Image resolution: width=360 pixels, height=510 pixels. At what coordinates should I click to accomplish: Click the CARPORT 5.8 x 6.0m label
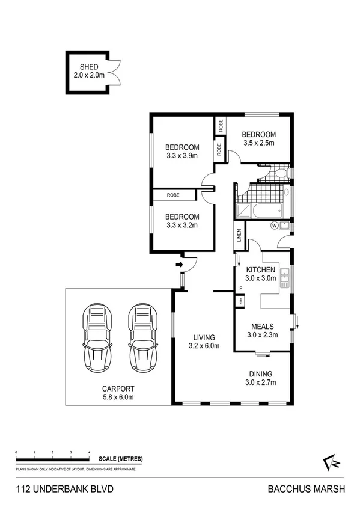tap(117, 393)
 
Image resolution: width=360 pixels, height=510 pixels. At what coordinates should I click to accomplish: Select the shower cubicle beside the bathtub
tap(244, 210)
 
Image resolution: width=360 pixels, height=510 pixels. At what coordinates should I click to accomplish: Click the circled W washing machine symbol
tap(274, 226)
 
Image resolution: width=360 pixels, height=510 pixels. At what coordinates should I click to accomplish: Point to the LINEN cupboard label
tap(239, 236)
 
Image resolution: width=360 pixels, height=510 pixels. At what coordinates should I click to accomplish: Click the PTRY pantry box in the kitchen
tap(241, 300)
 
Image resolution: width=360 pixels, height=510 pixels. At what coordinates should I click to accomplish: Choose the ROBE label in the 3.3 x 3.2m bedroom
tap(173, 195)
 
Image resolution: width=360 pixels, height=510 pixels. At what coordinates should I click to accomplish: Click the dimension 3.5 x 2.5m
tap(258, 143)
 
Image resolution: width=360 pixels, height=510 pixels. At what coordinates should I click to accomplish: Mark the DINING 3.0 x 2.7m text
tap(260, 376)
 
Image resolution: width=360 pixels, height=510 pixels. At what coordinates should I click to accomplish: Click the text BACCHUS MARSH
tap(307, 490)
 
